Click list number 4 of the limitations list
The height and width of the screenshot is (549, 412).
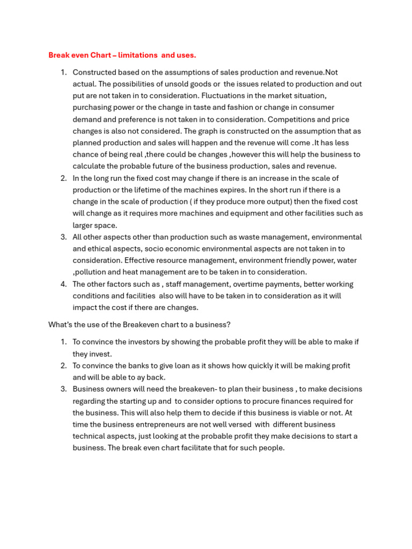[x=63, y=284]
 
